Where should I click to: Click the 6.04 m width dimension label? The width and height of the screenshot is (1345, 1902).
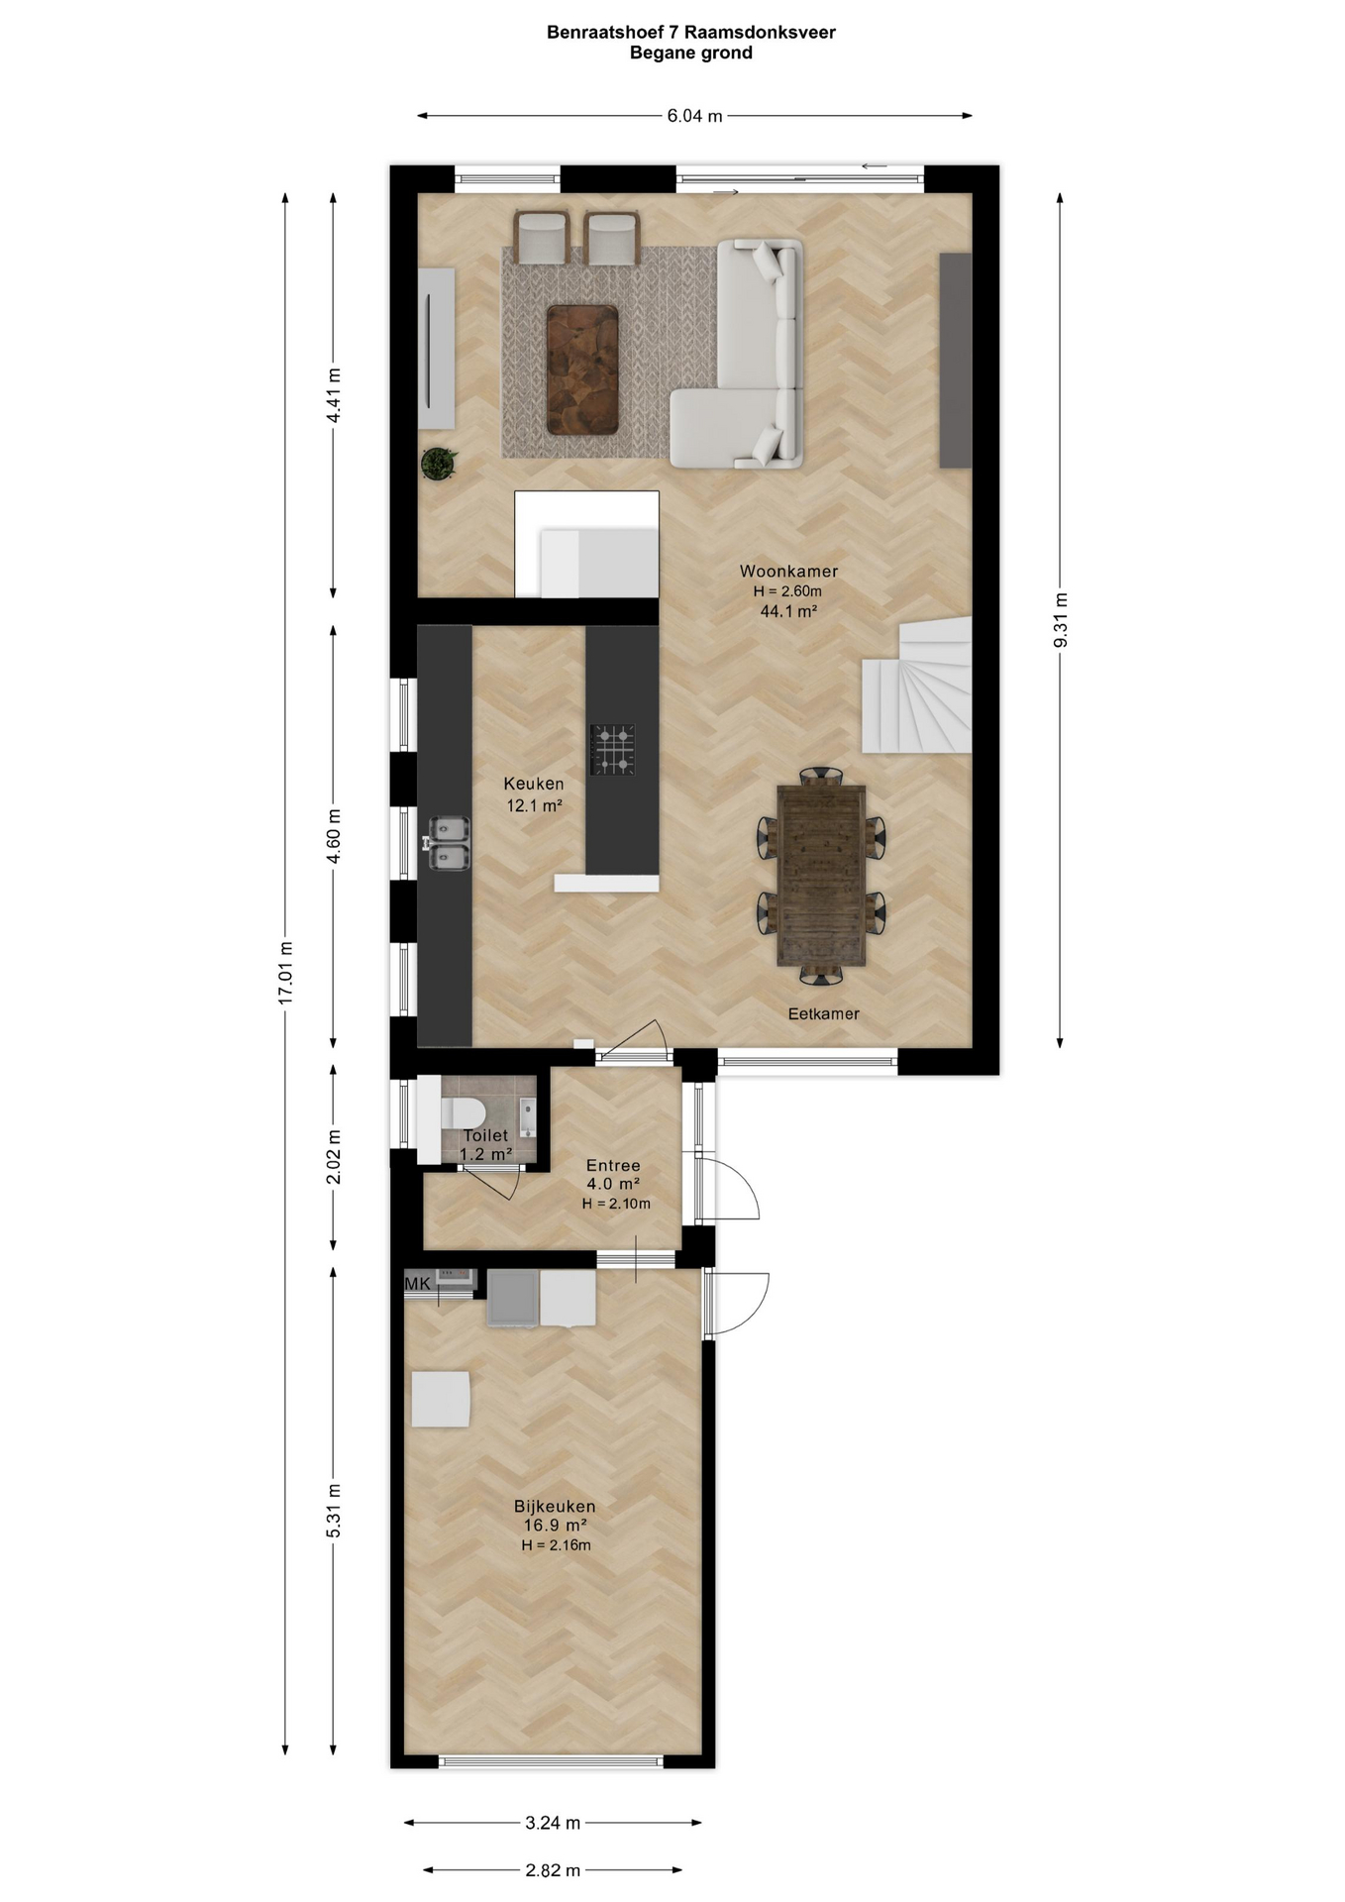(x=694, y=116)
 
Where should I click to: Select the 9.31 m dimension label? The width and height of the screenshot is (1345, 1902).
(x=1060, y=620)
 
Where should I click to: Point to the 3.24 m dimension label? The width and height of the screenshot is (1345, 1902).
(x=553, y=1823)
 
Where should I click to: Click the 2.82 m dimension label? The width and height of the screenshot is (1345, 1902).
(x=553, y=1870)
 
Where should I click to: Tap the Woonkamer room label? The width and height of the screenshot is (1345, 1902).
(x=788, y=572)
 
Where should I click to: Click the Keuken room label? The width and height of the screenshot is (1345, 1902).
(x=534, y=784)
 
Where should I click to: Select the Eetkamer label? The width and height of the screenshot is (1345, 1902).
(x=823, y=1013)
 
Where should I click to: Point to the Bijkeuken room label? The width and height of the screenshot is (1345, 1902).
(x=555, y=1507)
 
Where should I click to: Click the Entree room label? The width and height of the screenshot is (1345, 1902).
(x=613, y=1166)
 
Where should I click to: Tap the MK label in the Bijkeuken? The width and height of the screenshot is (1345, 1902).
(x=418, y=1284)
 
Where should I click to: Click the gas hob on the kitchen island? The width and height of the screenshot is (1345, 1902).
(x=612, y=750)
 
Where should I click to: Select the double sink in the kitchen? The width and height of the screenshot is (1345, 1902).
(x=449, y=843)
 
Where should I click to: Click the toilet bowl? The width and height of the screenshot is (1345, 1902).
(x=460, y=1113)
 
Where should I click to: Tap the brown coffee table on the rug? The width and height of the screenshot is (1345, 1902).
(x=582, y=370)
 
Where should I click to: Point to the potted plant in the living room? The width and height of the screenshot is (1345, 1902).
(x=438, y=463)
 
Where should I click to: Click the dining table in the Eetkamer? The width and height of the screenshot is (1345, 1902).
(x=822, y=875)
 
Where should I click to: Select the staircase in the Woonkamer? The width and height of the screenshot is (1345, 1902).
(x=918, y=685)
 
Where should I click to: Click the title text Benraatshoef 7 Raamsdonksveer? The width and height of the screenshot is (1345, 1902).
(x=691, y=32)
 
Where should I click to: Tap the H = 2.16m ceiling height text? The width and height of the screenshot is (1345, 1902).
(x=557, y=1545)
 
